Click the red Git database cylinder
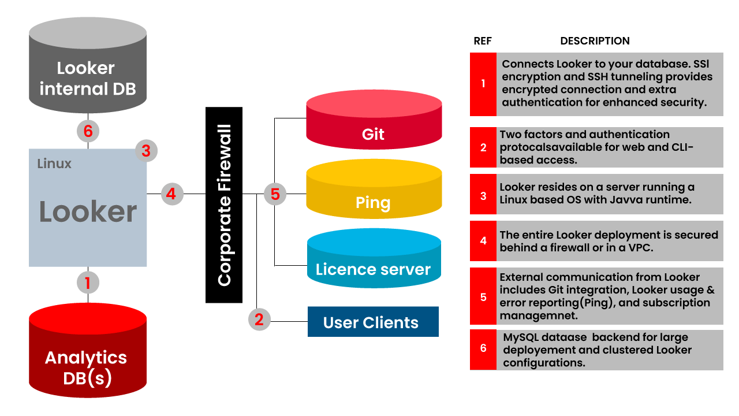(374, 127)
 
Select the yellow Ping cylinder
(374, 196)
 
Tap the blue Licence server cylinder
(374, 263)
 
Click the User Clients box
(373, 322)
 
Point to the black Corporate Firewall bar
(224, 205)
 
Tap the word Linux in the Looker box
(54, 164)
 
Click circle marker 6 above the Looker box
(88, 131)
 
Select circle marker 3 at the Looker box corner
(146, 151)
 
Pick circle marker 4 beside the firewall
(171, 194)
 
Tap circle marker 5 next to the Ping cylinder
(275, 194)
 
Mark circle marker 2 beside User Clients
(259, 319)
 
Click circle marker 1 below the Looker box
(88, 283)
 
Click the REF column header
(483, 41)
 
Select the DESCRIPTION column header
(595, 41)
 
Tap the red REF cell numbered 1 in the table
(483, 84)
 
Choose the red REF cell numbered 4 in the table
(483, 240)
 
